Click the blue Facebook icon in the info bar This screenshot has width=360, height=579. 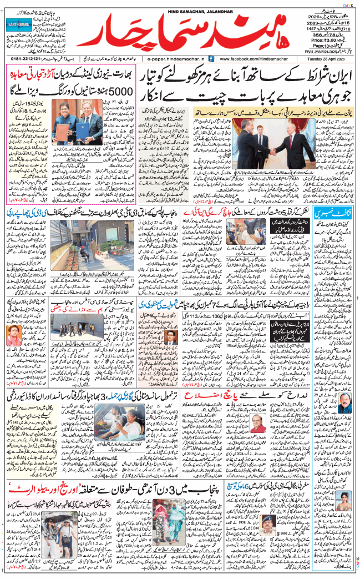click(214, 58)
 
